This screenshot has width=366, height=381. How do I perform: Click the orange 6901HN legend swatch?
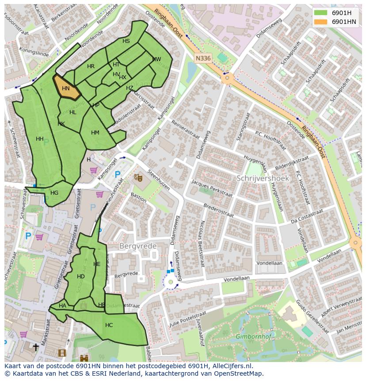click(x=321, y=22)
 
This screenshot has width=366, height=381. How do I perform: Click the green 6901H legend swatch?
click(x=321, y=12)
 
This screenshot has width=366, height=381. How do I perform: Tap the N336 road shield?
click(x=203, y=58)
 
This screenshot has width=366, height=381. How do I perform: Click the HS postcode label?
click(x=126, y=41)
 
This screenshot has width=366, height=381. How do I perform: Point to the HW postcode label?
click(x=156, y=59)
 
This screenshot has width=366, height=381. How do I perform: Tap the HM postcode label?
click(x=95, y=133)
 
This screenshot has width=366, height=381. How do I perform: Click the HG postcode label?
click(x=54, y=193)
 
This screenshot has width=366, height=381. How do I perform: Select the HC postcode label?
click(x=109, y=325)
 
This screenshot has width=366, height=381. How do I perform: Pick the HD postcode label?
click(x=80, y=277)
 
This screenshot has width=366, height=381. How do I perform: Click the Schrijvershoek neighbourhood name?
click(x=263, y=178)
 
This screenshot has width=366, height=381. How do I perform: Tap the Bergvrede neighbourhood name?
click(x=135, y=245)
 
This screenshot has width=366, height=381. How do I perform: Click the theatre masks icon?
click(x=138, y=177)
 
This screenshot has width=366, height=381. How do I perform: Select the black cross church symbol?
click(x=36, y=347)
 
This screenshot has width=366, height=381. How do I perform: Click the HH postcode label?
click(x=40, y=139)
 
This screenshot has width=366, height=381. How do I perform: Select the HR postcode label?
click(x=91, y=66)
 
